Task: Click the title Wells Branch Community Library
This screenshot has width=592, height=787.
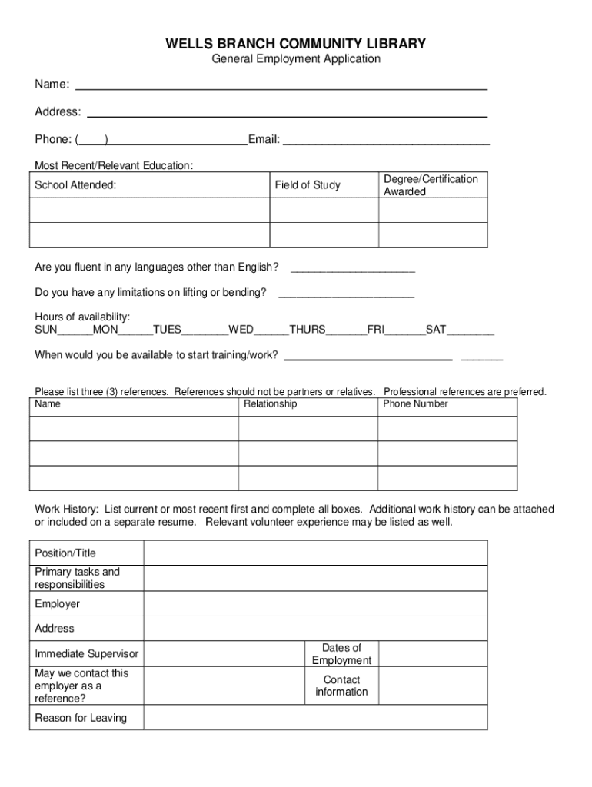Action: (x=296, y=44)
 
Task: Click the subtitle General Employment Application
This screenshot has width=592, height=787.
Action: (x=296, y=59)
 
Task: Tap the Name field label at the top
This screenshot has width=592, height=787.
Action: (x=52, y=84)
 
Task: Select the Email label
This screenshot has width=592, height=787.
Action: (x=264, y=139)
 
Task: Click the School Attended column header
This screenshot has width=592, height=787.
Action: (x=75, y=185)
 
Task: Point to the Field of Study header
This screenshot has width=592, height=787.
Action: (x=308, y=185)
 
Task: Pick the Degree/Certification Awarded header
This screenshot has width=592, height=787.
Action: (x=431, y=185)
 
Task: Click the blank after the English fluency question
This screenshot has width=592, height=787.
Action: (x=353, y=267)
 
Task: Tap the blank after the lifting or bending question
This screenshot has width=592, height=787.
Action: (x=346, y=293)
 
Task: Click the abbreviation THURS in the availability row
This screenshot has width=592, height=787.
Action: (x=308, y=330)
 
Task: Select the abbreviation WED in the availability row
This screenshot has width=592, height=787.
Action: (x=241, y=330)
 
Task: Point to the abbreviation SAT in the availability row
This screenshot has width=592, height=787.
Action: (x=436, y=330)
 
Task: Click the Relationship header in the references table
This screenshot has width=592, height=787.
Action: (x=270, y=404)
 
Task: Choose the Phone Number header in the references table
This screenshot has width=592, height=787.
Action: (x=415, y=404)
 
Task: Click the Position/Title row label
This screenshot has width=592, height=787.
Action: (x=65, y=553)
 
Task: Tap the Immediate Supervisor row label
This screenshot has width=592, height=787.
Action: (x=87, y=654)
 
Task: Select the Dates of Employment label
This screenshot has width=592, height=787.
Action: (x=341, y=654)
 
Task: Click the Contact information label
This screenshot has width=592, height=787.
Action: (x=341, y=686)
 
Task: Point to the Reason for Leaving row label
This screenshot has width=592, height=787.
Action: (x=81, y=718)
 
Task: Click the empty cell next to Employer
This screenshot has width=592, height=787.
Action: (x=315, y=604)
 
